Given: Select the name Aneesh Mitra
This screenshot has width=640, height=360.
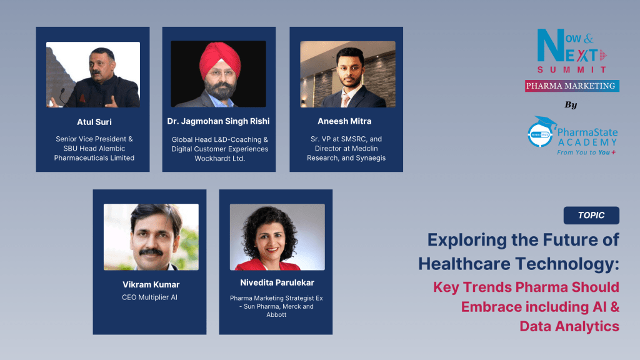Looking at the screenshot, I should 346,121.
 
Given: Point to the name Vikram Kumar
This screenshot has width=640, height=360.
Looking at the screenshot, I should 151,284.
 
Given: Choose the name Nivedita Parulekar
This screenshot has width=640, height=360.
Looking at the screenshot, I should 276,282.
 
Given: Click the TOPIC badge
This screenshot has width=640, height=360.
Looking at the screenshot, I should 591,215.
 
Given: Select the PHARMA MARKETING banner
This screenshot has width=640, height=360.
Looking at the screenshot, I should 571,86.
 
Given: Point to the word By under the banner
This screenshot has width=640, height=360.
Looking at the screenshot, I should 571,105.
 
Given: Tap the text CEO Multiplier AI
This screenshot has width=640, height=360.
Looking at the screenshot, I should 149,297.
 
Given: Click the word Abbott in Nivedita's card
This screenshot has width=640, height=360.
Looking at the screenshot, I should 276,314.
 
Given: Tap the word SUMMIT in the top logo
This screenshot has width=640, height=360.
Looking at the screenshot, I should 572,69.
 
